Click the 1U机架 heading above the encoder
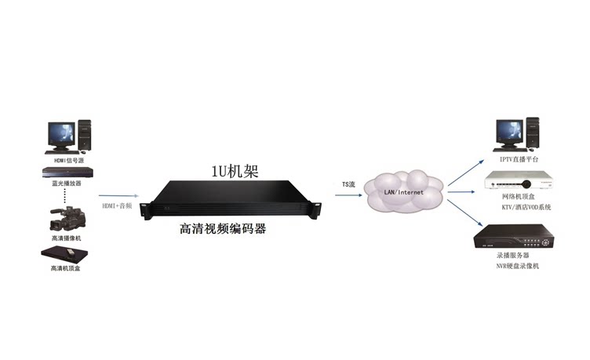(235, 172)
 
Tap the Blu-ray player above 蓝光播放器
(67, 173)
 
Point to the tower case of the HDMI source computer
(85, 134)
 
